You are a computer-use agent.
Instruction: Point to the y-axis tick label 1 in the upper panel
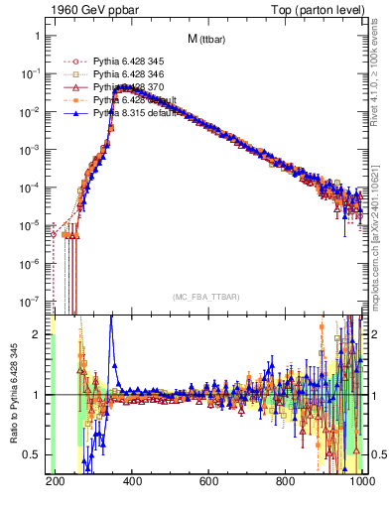pyautogui.click(x=38, y=36)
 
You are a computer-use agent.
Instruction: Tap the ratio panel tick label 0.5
pyautogui.click(x=33, y=454)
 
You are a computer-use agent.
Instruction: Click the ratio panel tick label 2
pyautogui.click(x=38, y=334)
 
